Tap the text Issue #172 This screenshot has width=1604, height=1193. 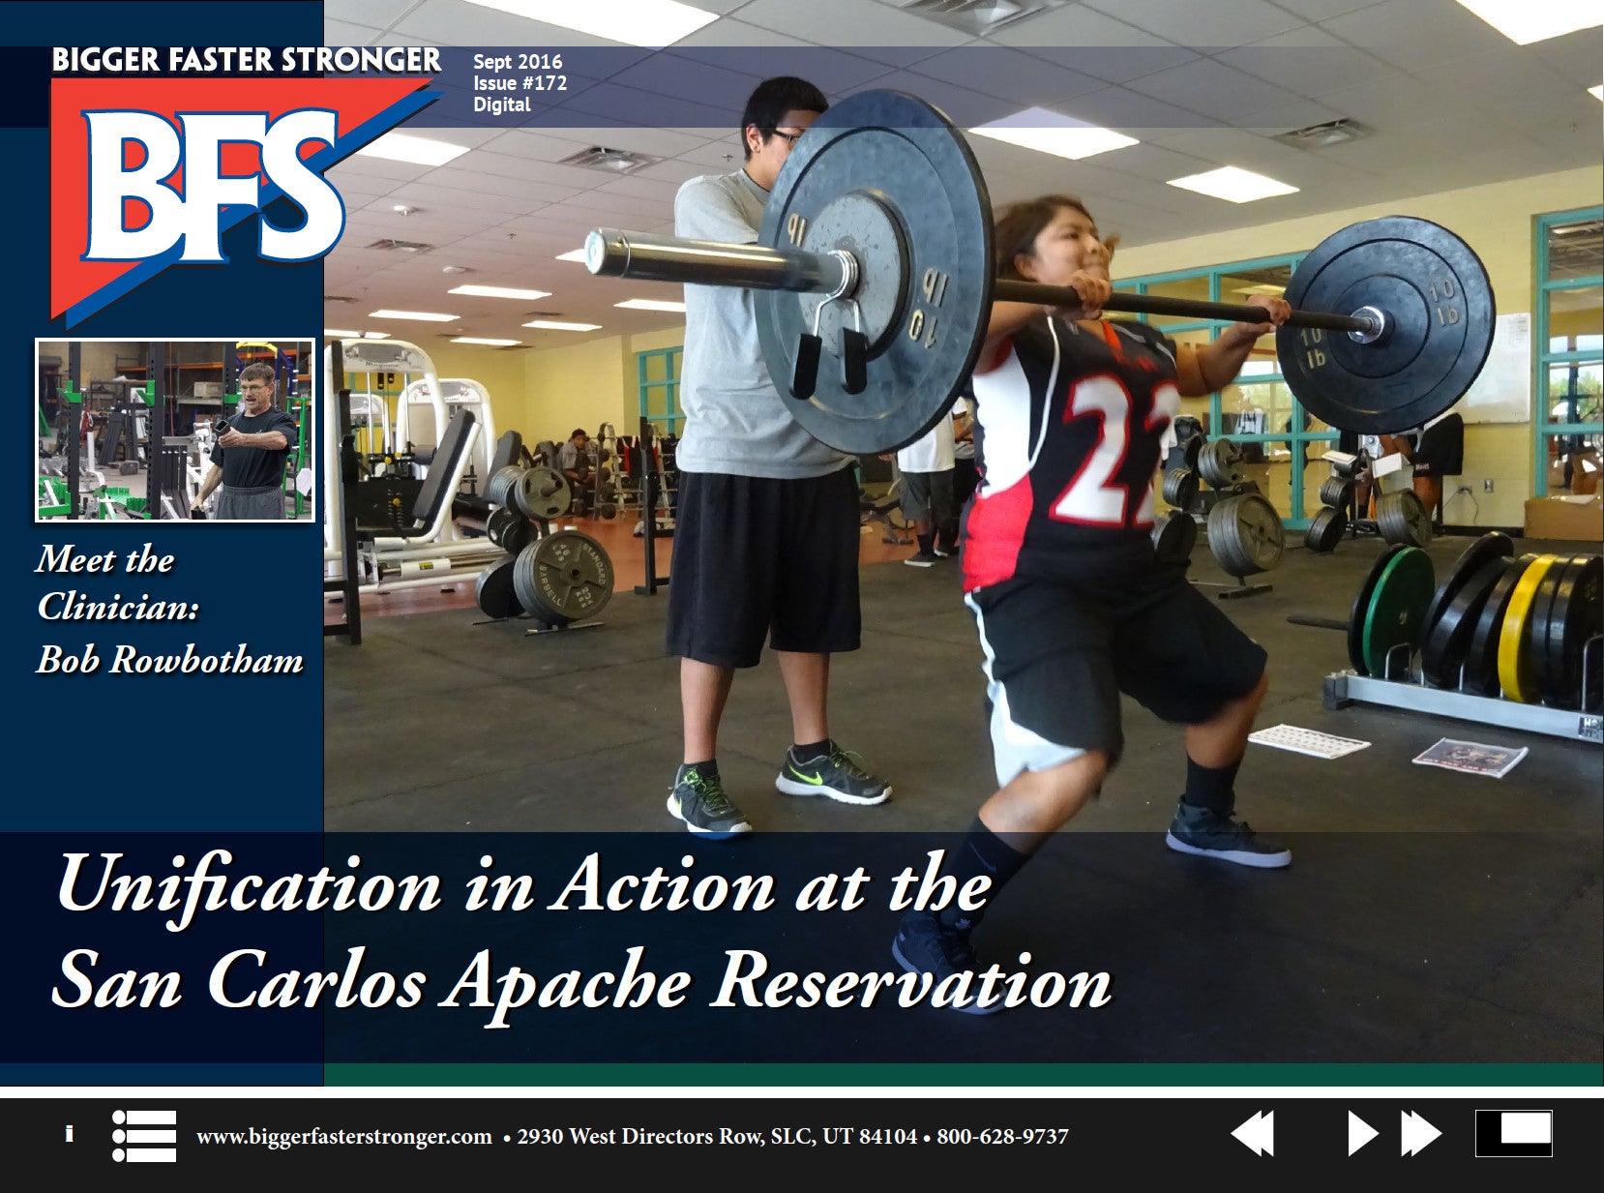click(520, 83)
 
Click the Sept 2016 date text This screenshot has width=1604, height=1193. click(517, 62)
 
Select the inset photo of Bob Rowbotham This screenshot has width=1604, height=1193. click(175, 430)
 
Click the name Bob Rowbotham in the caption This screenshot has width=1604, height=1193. click(169, 660)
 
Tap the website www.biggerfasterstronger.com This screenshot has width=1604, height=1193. click(343, 1136)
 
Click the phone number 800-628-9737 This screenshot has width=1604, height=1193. click(1002, 1136)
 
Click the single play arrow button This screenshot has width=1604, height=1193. click(1361, 1133)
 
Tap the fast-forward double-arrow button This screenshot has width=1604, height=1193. click(1421, 1133)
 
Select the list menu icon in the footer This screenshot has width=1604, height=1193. click(144, 1135)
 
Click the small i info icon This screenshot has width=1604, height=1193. click(69, 1134)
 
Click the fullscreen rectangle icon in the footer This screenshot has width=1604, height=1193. click(1513, 1133)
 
